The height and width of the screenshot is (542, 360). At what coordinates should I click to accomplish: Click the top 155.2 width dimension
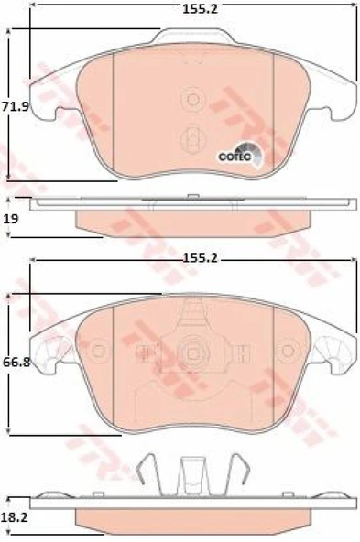[x=191, y=10]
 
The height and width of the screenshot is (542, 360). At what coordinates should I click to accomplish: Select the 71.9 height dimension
[x=16, y=107]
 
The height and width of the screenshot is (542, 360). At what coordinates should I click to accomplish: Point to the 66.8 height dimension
[x=16, y=362]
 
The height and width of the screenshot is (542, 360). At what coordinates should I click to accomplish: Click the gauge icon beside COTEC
[x=251, y=154]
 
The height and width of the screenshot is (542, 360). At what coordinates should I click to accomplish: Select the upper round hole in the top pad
[x=192, y=98]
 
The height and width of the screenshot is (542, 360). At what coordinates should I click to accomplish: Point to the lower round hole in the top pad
[x=192, y=137]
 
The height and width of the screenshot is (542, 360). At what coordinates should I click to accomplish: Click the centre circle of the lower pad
[x=192, y=351]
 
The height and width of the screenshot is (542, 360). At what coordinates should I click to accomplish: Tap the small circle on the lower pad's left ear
[x=98, y=350]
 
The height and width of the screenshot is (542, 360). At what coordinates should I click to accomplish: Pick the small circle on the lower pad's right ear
[x=288, y=350]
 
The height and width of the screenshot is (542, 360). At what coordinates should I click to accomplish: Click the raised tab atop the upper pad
[x=191, y=37]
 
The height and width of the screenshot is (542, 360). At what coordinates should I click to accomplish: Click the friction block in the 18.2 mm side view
[x=191, y=516]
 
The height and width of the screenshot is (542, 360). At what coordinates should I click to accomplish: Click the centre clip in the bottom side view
[x=191, y=472]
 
